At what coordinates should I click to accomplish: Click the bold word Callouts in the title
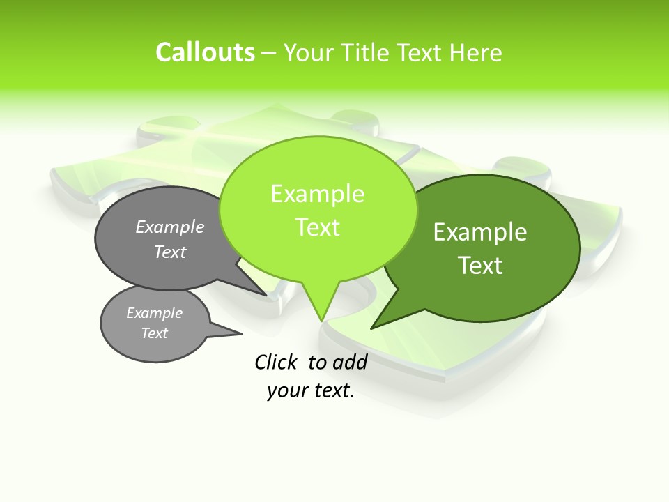click(205, 52)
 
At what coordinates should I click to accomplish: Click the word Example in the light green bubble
click(317, 194)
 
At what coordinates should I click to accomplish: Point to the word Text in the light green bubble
click(317, 227)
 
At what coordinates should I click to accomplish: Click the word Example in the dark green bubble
click(480, 232)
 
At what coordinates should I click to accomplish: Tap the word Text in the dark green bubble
click(480, 266)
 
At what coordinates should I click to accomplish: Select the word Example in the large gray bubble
click(170, 227)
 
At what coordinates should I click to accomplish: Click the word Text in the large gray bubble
click(170, 252)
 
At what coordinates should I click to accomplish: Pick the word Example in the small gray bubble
click(154, 313)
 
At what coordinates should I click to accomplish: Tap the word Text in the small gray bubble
click(154, 333)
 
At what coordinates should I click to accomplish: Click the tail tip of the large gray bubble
click(266, 295)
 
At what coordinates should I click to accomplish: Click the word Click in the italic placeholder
click(275, 362)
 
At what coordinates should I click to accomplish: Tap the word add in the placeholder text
click(350, 362)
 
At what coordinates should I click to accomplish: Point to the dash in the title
click(269, 53)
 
